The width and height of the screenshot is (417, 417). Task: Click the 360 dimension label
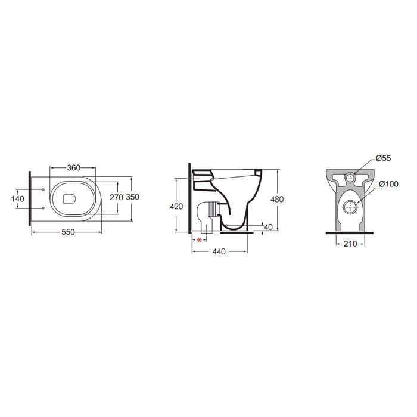[x=73, y=168]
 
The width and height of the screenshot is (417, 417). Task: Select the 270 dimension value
[x=117, y=197]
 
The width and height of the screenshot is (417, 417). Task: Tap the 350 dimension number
[x=132, y=197]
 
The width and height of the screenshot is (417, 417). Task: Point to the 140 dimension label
[x=18, y=198]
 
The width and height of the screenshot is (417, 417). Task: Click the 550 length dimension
[x=68, y=232]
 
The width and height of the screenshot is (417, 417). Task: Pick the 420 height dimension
[x=176, y=206]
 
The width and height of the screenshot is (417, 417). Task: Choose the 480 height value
[x=277, y=199]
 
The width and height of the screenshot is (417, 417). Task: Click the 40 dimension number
[x=268, y=227]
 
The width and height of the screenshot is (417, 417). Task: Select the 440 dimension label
[x=219, y=251]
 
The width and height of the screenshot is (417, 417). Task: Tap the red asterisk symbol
[x=199, y=240]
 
